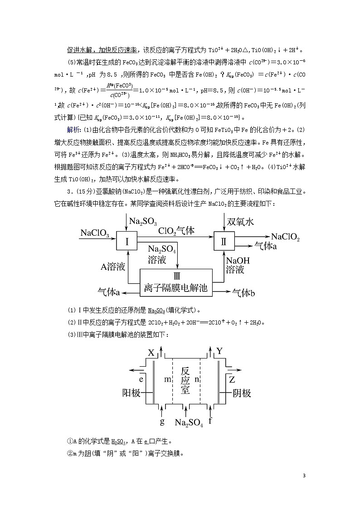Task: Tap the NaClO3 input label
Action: [x=94, y=233]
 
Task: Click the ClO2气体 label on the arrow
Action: [x=176, y=231]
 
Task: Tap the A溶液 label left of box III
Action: [x=112, y=267]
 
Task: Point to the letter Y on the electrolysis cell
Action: [x=219, y=351]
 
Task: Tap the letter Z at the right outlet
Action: [x=232, y=379]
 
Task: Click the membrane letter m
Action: [x=167, y=379]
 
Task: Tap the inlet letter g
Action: [x=162, y=422]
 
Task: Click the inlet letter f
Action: [x=210, y=421]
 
